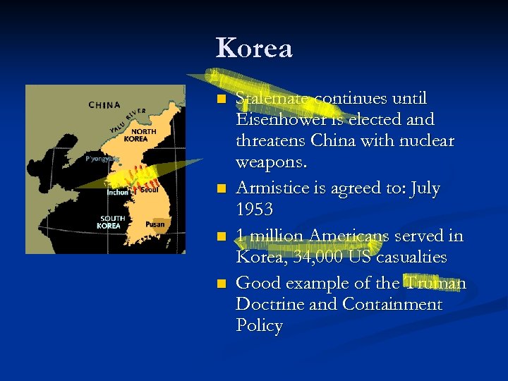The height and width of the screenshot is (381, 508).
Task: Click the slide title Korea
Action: pyautogui.click(x=254, y=48)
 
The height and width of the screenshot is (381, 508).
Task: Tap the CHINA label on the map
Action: pyautogui.click(x=104, y=105)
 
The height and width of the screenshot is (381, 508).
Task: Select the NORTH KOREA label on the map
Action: pyautogui.click(x=144, y=135)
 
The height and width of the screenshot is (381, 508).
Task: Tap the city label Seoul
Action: pyautogui.click(x=149, y=189)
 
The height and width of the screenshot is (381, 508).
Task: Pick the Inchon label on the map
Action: pyautogui.click(x=117, y=192)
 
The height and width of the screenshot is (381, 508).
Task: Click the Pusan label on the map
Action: pyautogui.click(x=155, y=224)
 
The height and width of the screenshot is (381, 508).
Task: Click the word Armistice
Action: pyautogui.click(x=270, y=189)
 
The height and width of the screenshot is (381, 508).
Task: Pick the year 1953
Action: pyautogui.click(x=253, y=210)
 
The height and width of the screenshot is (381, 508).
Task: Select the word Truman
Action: pyautogui.click(x=435, y=283)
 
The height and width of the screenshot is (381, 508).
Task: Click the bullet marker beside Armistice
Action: pyautogui.click(x=221, y=189)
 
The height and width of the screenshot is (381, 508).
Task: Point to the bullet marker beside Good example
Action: pyautogui.click(x=221, y=284)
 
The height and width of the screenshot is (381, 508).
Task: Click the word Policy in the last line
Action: pyautogui.click(x=259, y=325)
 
